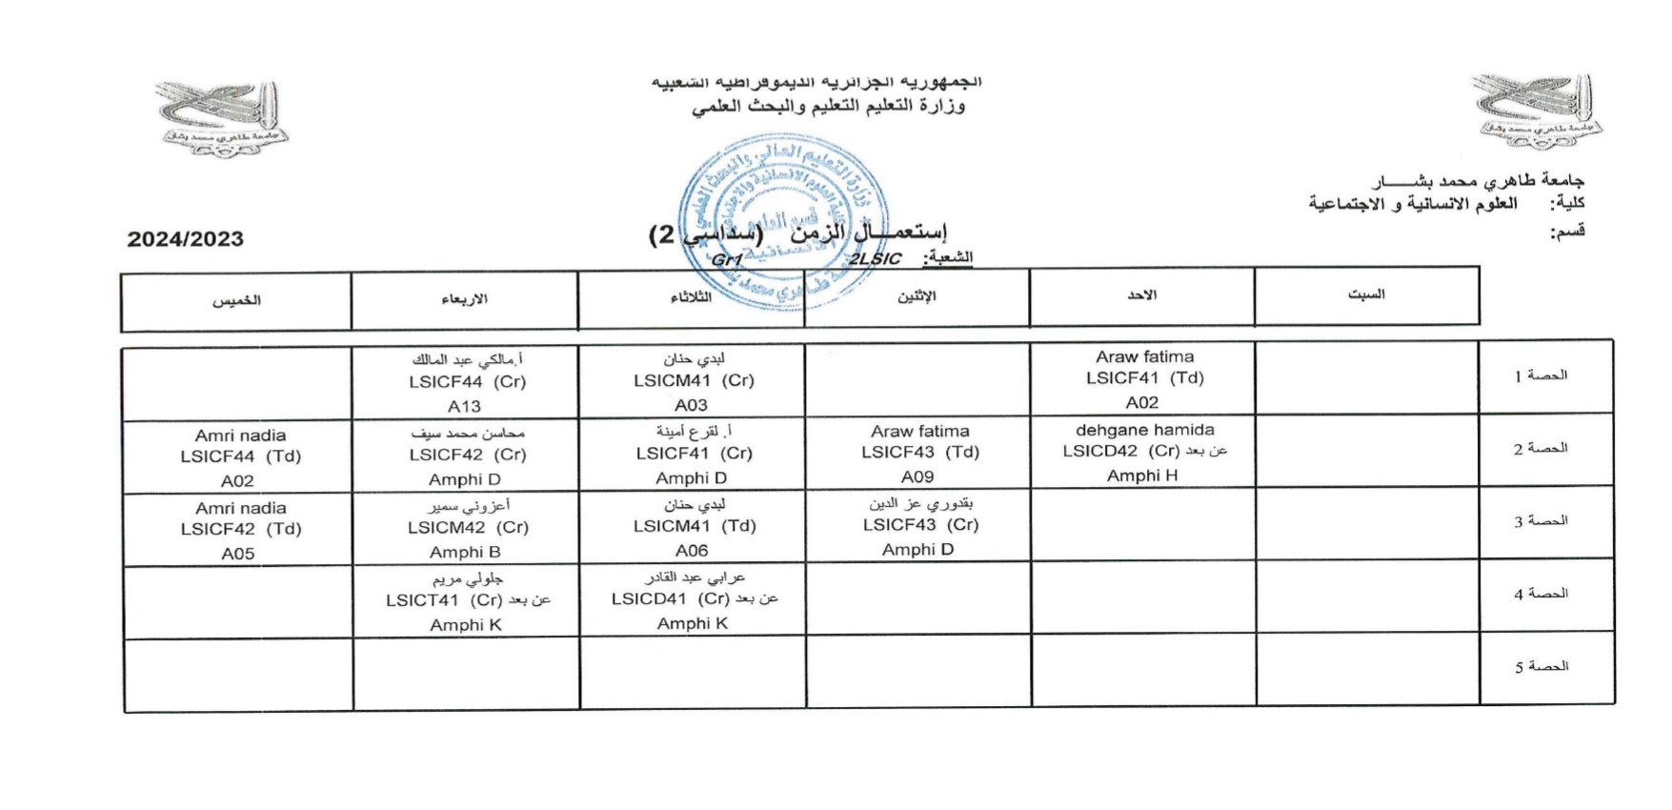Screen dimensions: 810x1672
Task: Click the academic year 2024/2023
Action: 186,239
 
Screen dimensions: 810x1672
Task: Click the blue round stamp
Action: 782,222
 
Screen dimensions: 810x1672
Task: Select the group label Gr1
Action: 727,260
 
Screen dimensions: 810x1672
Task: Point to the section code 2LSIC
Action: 875,259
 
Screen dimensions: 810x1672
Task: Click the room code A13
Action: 464,406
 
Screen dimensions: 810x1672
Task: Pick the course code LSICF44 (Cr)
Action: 467,382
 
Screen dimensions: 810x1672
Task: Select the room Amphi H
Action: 1142,476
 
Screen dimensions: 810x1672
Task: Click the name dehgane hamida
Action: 1144,430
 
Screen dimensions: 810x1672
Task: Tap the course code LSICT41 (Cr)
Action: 444,600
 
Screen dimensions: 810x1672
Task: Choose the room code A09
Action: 917,476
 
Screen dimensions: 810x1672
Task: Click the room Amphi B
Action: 465,552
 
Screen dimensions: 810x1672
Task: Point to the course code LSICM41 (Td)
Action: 695,526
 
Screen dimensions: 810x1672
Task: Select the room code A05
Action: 238,554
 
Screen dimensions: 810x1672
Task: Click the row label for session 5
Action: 1541,667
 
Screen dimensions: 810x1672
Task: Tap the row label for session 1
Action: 1541,375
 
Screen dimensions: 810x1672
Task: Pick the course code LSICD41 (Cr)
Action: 671,599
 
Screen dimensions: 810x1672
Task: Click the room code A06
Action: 692,551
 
